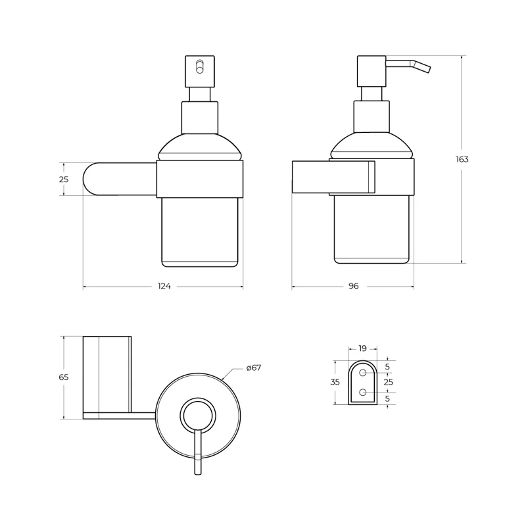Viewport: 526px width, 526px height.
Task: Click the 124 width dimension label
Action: tap(164, 287)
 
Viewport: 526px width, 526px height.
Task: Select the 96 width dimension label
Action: tap(353, 287)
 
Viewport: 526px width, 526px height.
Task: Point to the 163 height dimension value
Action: tap(462, 159)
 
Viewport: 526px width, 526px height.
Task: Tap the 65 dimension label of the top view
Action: tap(63, 377)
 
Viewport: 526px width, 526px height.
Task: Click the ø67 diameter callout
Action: tap(254, 368)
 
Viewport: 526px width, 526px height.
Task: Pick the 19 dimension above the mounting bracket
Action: tap(362, 349)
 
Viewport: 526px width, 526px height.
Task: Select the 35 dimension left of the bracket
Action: tap(335, 382)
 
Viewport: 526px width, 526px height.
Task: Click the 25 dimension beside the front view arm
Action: tap(63, 179)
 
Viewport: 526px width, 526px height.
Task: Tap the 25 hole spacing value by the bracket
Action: tap(388, 382)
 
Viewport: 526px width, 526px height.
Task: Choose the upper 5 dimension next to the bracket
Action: tap(387, 367)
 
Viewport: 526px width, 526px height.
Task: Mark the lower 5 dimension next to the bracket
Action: tap(387, 398)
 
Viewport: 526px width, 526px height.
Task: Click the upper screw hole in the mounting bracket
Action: tap(362, 373)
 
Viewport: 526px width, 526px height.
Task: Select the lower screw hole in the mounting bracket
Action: tap(362, 393)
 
